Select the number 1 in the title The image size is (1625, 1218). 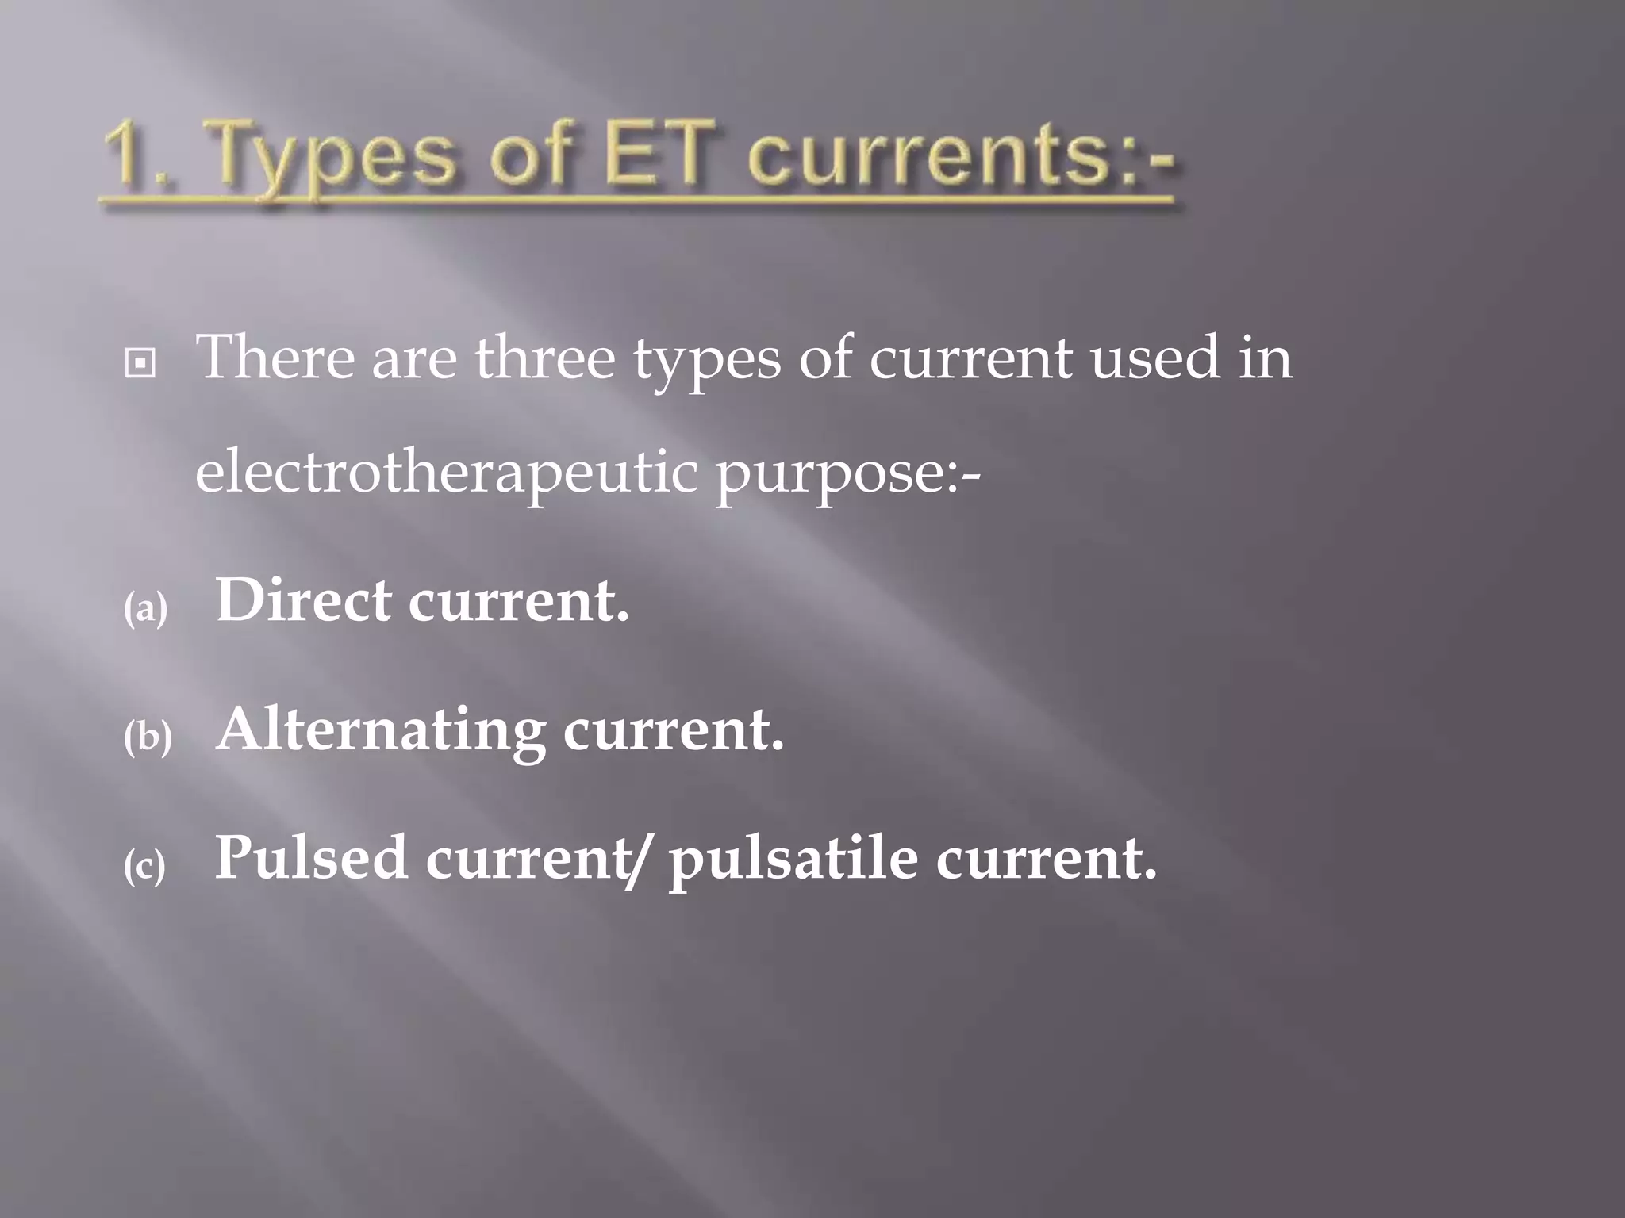click(127, 155)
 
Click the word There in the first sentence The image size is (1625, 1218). click(275, 358)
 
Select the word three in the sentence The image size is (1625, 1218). click(545, 358)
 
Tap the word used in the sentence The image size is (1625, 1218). click(1154, 358)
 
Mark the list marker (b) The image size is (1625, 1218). click(148, 737)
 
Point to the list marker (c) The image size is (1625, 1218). click(145, 866)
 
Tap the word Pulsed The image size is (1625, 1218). click(311, 858)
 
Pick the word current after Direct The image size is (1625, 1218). click(518, 600)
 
